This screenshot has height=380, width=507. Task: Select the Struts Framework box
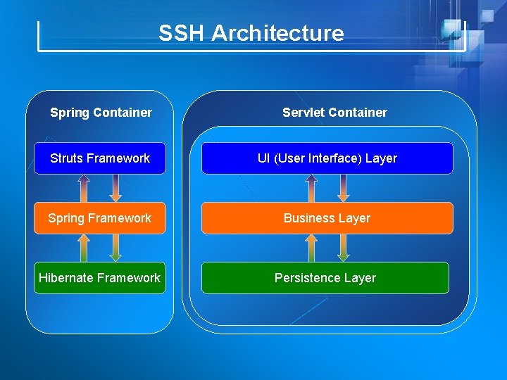click(x=100, y=158)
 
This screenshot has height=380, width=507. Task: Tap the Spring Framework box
click(x=100, y=218)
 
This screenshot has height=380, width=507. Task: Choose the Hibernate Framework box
click(x=100, y=278)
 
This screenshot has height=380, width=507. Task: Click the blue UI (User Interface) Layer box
click(x=327, y=158)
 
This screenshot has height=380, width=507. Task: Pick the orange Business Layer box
click(x=327, y=218)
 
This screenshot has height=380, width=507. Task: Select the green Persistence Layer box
click(x=325, y=278)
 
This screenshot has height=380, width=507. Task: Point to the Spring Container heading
click(x=101, y=113)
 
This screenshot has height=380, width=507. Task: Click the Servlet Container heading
click(x=334, y=113)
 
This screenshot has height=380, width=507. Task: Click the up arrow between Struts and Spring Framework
click(x=84, y=188)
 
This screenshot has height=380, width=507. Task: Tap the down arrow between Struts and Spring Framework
click(x=116, y=188)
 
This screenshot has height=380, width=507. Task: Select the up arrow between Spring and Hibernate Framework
click(x=84, y=248)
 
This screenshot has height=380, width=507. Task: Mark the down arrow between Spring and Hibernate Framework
click(x=116, y=248)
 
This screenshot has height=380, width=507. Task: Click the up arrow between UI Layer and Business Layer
click(x=311, y=188)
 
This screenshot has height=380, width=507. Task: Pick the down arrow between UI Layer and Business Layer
click(x=344, y=188)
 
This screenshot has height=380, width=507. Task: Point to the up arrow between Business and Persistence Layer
click(x=311, y=248)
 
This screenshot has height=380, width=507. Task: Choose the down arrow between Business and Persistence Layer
click(x=344, y=248)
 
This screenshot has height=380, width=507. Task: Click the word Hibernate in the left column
click(x=67, y=278)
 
